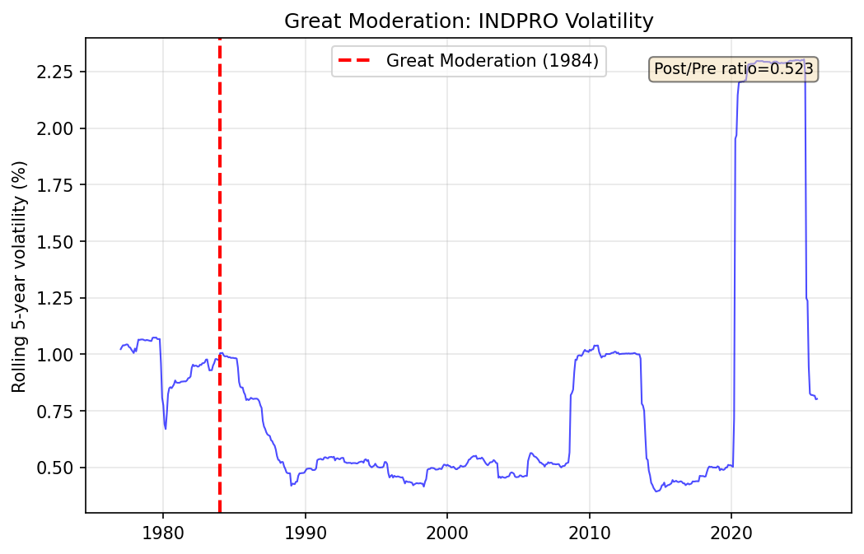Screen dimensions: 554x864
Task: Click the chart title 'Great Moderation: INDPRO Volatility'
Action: (x=469, y=21)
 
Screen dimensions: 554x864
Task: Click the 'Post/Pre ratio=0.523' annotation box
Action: (x=734, y=69)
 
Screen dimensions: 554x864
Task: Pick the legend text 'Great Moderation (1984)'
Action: (x=492, y=60)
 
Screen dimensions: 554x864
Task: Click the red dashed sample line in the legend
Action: (x=356, y=60)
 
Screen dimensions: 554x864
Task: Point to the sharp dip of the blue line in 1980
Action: (x=166, y=428)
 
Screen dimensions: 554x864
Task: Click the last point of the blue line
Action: (x=816, y=399)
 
